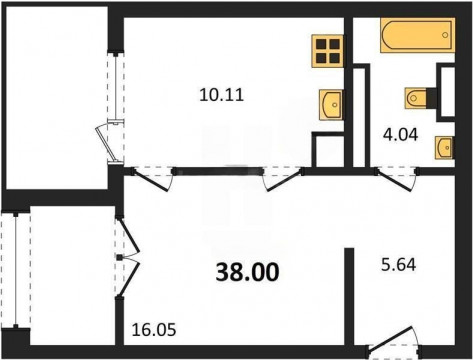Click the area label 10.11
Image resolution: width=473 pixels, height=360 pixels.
222,95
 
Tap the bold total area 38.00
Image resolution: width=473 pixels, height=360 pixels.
247,272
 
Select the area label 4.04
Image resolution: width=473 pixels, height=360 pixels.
400,135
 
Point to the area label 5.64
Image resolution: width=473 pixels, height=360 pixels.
398,265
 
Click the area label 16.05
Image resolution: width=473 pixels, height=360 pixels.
154,330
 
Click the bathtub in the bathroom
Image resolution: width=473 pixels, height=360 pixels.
418,35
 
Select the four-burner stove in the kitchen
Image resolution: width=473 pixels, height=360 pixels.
328,51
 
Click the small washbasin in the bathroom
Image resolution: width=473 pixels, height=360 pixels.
444,147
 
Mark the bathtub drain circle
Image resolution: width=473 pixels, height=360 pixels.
445,35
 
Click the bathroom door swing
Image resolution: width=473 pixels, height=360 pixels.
397,179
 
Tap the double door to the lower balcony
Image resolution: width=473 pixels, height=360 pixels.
127,257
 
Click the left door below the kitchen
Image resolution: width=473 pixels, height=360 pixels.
152,179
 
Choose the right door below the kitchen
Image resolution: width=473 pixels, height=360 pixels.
283,179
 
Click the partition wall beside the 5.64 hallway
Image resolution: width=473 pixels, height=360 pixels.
349,297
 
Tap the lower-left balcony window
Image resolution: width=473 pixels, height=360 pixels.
15,270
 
